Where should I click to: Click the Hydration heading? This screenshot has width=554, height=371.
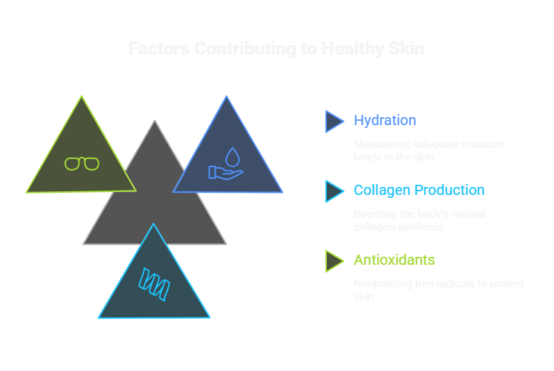tap(385, 121)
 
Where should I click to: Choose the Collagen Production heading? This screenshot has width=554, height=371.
tap(419, 191)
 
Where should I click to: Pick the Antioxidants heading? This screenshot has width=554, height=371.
tap(394, 260)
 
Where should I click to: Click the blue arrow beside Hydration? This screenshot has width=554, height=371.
tap(333, 121)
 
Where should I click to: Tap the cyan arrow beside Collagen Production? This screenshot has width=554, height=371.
tap(333, 191)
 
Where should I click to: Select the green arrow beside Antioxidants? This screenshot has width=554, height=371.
tap(333, 260)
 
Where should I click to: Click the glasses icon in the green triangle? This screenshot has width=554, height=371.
tap(82, 164)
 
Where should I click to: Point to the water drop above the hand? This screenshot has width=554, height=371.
tap(232, 156)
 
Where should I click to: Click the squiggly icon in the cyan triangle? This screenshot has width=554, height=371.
tap(154, 284)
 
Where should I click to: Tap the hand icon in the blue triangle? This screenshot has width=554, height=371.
tap(221, 172)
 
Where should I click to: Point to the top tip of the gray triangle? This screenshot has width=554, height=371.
tap(154, 121)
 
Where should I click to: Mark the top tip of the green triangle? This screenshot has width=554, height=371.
tap(82, 97)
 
